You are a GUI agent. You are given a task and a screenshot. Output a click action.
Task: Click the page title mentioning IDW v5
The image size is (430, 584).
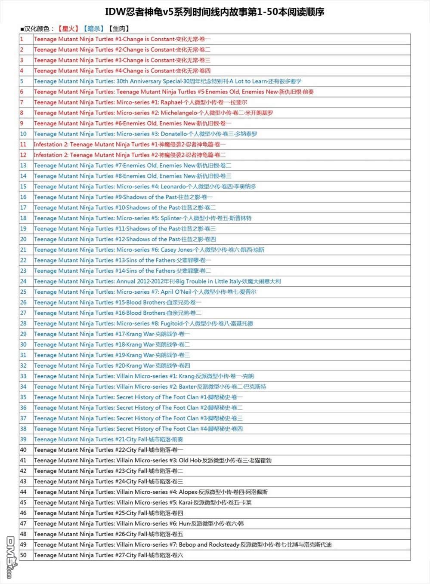tap(214, 12)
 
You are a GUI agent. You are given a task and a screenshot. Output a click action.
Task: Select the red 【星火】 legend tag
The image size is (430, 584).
tap(68, 29)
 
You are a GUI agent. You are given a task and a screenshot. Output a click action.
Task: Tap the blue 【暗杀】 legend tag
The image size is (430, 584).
tap(93, 29)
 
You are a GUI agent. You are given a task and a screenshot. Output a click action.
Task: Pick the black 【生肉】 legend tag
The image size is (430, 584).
tap(118, 29)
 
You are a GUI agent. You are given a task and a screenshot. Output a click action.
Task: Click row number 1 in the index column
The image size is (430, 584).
tap(22, 39)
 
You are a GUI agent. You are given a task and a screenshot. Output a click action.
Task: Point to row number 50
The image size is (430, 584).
tap(23, 555)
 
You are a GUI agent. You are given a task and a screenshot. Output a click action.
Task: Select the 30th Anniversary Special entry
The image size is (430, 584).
tap(167, 81)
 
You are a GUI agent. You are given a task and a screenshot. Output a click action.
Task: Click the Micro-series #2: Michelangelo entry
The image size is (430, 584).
tap(153, 113)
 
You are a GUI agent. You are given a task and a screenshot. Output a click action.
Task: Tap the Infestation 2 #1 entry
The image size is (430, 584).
tap(130, 144)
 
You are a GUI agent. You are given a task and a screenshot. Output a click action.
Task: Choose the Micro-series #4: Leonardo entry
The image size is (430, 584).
tap(145, 187)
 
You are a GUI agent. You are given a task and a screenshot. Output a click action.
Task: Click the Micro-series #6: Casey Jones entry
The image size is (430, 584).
tap(149, 250)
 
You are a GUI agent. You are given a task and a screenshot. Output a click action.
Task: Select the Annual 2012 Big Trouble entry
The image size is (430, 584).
tap(157, 282)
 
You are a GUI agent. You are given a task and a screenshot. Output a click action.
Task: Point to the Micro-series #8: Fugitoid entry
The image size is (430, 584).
tap(143, 323)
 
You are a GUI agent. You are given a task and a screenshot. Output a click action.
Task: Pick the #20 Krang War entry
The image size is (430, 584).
tap(112, 366)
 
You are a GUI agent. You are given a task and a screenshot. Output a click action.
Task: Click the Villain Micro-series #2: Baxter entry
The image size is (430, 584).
tap(150, 387)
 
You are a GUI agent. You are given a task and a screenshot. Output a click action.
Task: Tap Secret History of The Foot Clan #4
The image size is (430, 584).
tap(138, 429)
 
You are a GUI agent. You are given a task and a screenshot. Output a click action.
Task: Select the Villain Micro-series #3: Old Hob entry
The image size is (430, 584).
tap(152, 460)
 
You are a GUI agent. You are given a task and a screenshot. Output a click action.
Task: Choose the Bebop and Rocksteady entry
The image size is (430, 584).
tap(183, 544)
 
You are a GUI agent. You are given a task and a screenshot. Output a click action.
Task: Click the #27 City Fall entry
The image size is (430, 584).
tap(108, 555)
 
